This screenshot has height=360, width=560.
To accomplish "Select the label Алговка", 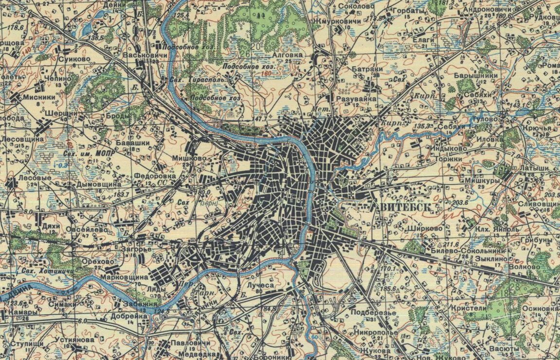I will tap(288, 55).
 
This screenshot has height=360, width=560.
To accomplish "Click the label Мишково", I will tap(189, 158).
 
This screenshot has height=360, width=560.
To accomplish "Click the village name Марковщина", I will tap(124, 277).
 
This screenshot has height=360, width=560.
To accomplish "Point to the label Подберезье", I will tap(373, 312).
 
